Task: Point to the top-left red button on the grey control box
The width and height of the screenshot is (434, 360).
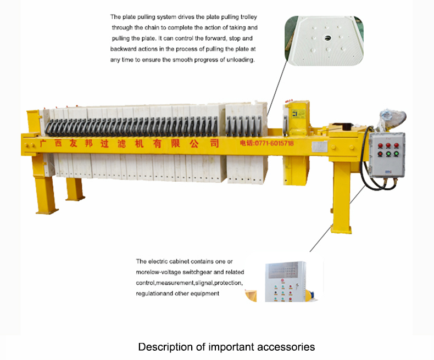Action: click(381, 146)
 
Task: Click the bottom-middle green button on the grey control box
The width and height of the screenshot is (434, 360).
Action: click(388, 154)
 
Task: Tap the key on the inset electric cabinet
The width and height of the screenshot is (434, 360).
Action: click(297, 286)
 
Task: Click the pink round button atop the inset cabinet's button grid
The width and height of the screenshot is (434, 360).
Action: click(282, 280)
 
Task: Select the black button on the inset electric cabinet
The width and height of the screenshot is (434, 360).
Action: click(276, 292)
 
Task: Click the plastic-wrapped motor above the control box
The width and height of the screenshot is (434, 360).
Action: click(392, 119)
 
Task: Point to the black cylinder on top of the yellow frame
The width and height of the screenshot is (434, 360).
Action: click(347, 127)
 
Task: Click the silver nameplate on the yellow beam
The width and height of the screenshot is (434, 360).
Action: click(320, 147)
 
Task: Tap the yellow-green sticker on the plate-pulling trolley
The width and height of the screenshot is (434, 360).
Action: click(298, 114)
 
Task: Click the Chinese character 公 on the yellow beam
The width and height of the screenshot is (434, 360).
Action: click(194, 143)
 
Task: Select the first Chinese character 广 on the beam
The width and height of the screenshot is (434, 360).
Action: click(43, 143)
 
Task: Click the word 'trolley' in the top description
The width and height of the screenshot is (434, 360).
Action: click(248, 17)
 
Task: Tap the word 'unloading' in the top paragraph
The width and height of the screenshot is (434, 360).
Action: click(240, 60)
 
